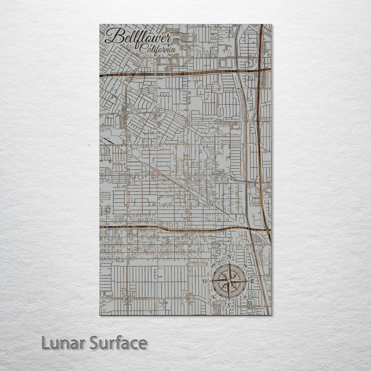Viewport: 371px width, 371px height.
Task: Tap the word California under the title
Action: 158,50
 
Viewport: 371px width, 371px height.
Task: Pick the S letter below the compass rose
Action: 229,304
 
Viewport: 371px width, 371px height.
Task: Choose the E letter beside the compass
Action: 252,281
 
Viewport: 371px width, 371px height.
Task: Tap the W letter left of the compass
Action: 205,281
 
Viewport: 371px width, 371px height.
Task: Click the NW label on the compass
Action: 214,265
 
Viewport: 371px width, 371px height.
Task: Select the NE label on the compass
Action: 245,265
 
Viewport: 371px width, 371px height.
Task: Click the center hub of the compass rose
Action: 229,281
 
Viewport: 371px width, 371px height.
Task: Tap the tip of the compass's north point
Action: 229,262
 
